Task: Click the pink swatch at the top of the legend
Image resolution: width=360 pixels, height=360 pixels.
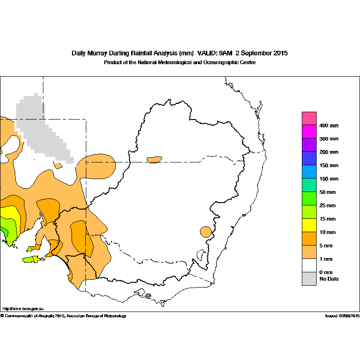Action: (309, 118)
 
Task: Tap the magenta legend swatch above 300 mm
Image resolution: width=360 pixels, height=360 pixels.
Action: (309, 132)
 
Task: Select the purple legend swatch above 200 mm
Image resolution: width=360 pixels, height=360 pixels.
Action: (309, 145)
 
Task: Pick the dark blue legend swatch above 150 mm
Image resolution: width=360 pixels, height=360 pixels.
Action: (309, 158)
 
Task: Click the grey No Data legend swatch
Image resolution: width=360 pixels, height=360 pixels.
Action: (309, 279)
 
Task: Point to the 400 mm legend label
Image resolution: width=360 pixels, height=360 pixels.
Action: (329, 126)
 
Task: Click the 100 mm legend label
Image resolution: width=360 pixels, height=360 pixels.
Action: (329, 179)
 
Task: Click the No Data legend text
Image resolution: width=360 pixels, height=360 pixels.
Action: (329, 279)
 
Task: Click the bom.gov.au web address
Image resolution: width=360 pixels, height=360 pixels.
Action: (23, 308)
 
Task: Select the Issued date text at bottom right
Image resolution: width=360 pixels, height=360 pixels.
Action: (342, 316)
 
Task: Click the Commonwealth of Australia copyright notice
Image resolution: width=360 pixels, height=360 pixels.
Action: (63, 316)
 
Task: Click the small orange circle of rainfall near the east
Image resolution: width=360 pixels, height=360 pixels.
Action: (206, 231)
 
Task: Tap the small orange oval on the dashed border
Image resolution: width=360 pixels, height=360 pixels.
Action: (154, 160)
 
